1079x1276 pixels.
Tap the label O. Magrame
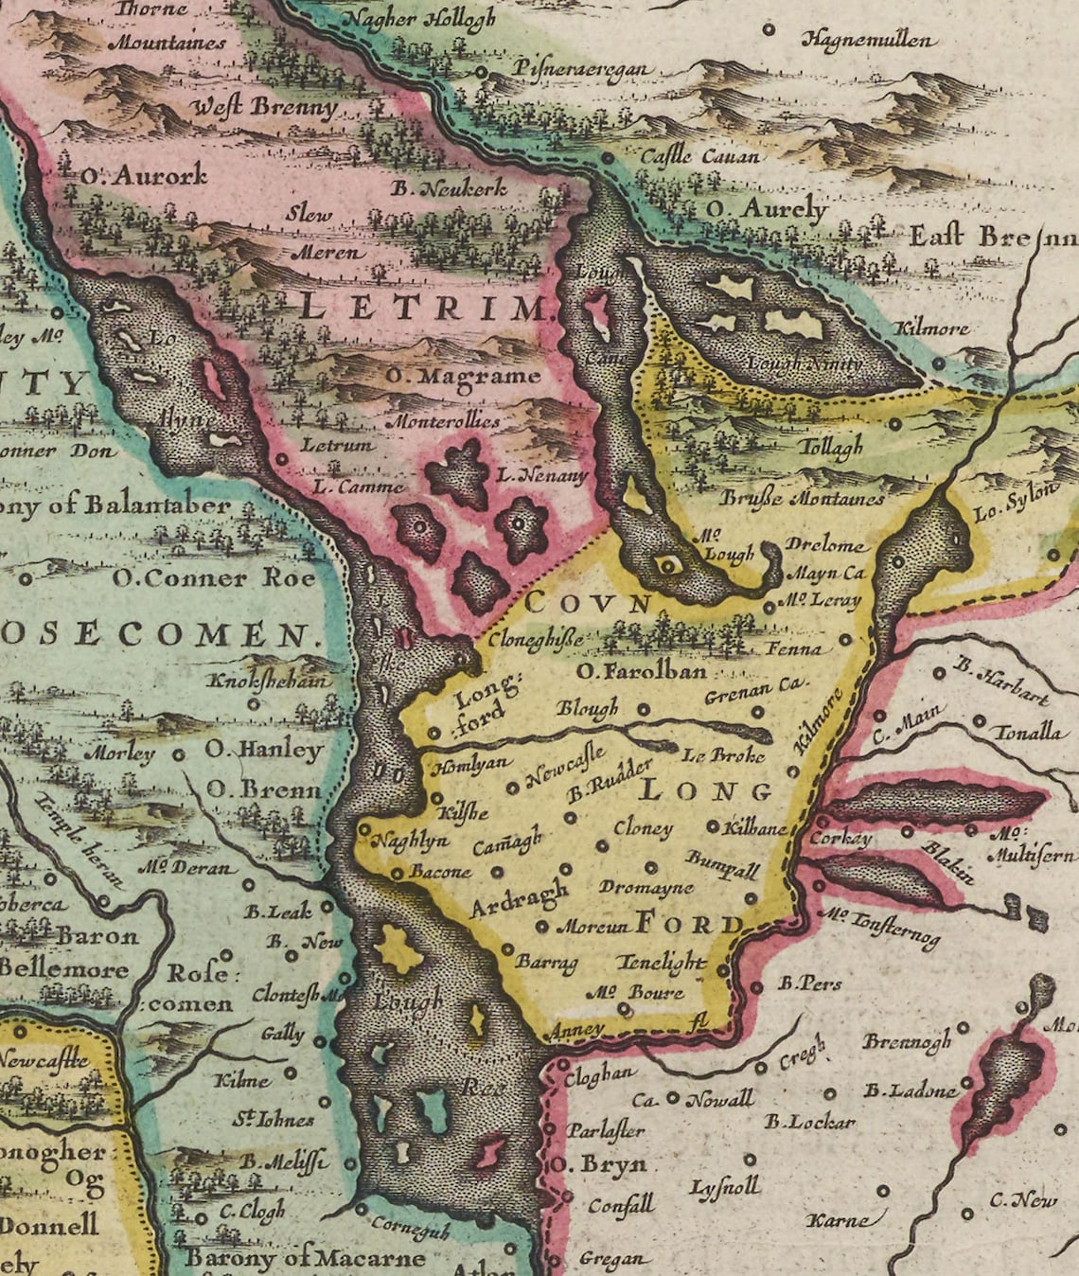[x=463, y=376]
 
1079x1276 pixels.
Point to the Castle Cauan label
[x=699, y=156]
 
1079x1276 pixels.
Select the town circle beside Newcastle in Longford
[x=513, y=787]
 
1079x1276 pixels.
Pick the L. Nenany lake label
[x=543, y=475]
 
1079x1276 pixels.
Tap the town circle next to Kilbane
[x=713, y=825]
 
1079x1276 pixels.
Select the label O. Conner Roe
[x=213, y=577]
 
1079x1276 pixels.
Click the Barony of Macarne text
[x=305, y=1257]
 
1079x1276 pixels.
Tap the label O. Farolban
[x=642, y=671]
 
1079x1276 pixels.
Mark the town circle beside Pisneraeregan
[x=482, y=72]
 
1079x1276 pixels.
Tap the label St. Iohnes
[x=274, y=1119]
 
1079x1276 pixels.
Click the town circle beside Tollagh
[x=894, y=425]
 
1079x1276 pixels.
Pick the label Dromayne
[x=646, y=888]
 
